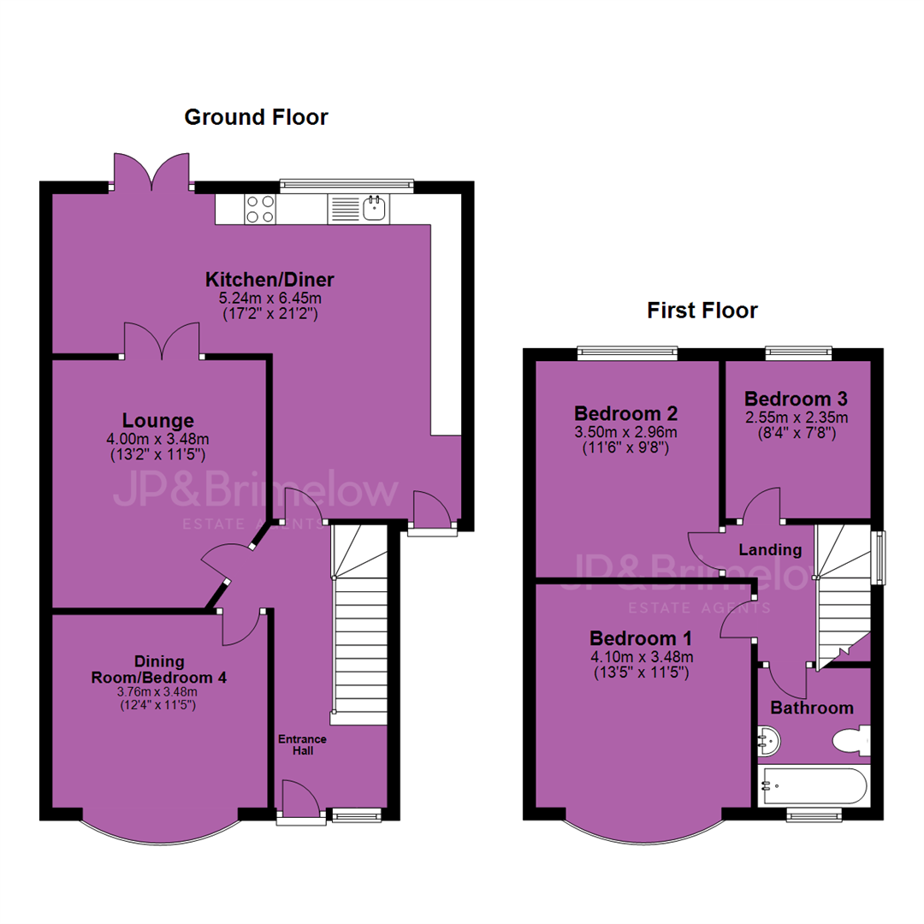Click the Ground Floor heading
256,117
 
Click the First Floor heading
702,311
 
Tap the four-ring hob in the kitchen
260,210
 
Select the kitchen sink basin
375,208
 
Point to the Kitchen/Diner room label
269,279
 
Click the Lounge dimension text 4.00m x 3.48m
157,439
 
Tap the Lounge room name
158,421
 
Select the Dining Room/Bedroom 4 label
158,669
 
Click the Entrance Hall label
302,745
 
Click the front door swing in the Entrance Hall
300,798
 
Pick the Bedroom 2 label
625,413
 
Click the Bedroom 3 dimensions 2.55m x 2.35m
797,418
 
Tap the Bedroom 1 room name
641,638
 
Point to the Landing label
770,550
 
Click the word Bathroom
812,708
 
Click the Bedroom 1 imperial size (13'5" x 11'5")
641,672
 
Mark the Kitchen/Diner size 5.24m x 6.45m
269,299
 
